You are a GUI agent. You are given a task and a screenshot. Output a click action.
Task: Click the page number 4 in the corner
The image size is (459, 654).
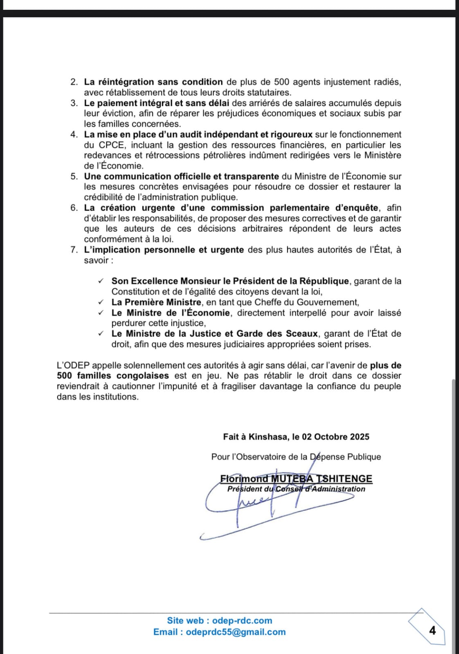click(432, 630)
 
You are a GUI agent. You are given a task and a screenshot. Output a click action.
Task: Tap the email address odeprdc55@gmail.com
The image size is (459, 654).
click(236, 632)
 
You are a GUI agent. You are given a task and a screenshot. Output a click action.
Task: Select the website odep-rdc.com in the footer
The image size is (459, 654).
click(242, 620)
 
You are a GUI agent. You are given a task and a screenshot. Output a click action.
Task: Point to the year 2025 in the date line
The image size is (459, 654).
click(360, 437)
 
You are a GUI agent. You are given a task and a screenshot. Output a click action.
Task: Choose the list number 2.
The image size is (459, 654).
click(74, 82)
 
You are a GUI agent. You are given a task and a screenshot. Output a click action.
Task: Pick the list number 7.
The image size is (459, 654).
click(74, 250)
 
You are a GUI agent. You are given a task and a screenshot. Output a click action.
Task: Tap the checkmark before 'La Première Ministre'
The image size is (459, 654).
click(101, 302)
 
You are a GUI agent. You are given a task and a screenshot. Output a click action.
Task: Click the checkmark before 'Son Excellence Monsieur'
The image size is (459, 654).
click(101, 281)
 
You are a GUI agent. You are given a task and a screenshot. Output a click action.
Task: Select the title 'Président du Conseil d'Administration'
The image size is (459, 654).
click(296, 489)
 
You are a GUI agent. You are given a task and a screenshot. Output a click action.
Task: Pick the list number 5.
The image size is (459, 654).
click(74, 176)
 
